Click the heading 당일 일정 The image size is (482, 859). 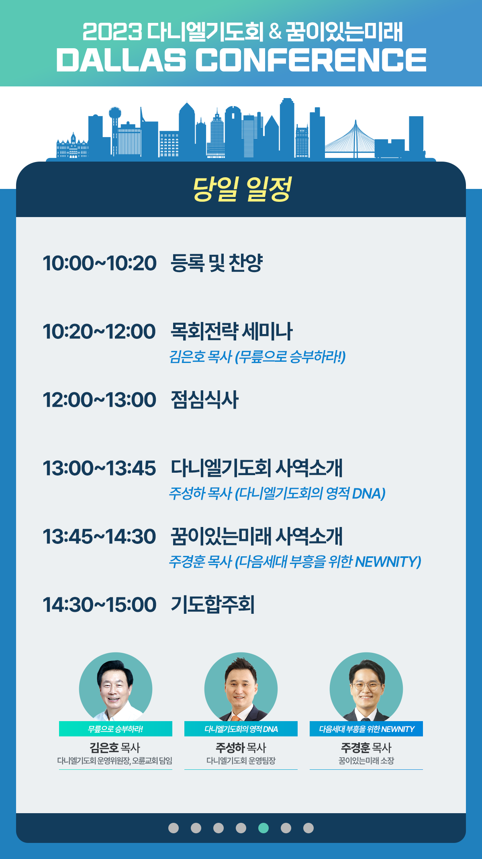pyautogui.click(x=242, y=189)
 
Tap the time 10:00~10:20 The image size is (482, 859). pyautogui.click(x=100, y=263)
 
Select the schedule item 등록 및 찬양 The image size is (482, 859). pyautogui.click(x=216, y=263)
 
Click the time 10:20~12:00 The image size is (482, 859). pyautogui.click(x=99, y=332)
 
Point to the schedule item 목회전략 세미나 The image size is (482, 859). pyautogui.click(x=232, y=332)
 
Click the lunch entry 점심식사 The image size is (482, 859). pyautogui.click(x=205, y=400)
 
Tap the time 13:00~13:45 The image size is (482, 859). pyautogui.click(x=99, y=468)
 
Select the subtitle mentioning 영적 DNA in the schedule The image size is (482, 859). pyautogui.click(x=277, y=494)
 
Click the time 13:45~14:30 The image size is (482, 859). pyautogui.click(x=99, y=537)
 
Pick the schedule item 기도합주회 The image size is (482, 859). pyautogui.click(x=213, y=605)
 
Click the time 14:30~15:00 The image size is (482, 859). pyautogui.click(x=100, y=605)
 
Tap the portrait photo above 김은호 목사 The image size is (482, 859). pyautogui.click(x=116, y=687)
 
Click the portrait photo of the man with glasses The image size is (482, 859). pyautogui.click(x=366, y=687)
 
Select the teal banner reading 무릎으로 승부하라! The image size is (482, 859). pyautogui.click(x=116, y=729)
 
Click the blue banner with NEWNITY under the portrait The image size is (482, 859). pyautogui.click(x=366, y=729)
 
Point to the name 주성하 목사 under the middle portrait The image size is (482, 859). pyautogui.click(x=241, y=748)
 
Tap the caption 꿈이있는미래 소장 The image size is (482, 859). pyautogui.click(x=366, y=761)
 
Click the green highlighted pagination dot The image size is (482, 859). pyautogui.click(x=263, y=828)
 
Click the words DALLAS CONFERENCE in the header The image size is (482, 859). pyautogui.click(x=241, y=60)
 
